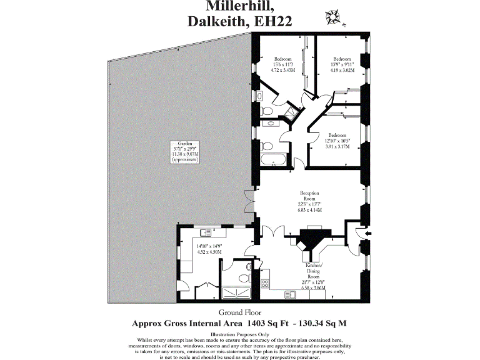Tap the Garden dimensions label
185,152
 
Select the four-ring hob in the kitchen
264,282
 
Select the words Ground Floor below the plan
239,312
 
